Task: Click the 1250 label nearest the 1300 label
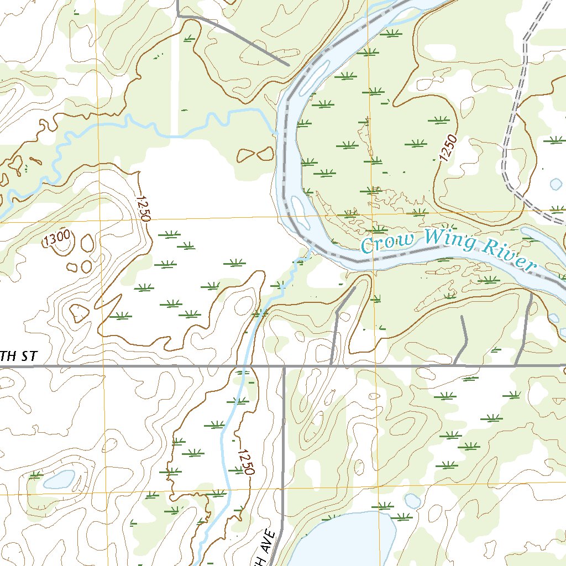click(x=142, y=208)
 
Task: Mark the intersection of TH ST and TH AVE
click(x=284, y=366)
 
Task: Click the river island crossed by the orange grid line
click(x=300, y=213)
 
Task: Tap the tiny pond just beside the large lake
click(x=412, y=501)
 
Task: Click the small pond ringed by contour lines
click(x=59, y=479)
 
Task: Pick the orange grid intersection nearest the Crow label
click(x=371, y=213)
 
